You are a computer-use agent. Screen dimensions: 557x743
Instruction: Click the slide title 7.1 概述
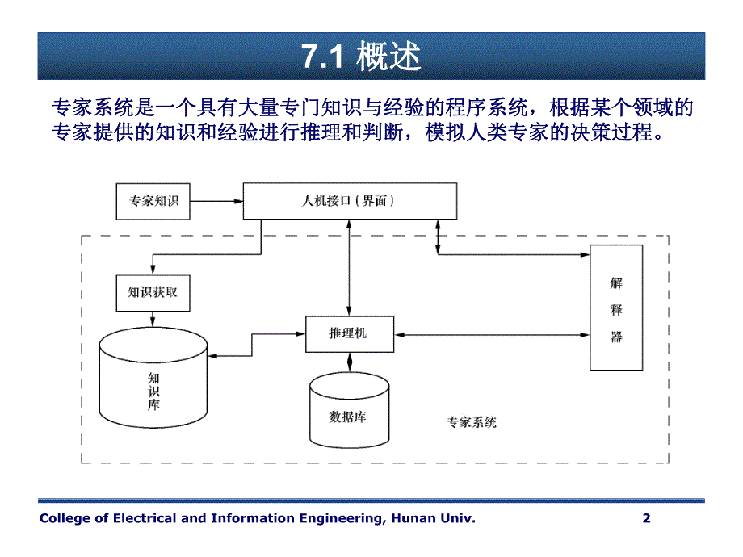coord(361,57)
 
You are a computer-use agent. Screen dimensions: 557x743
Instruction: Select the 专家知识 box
coord(153,200)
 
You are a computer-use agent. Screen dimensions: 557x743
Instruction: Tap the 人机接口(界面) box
coord(350,200)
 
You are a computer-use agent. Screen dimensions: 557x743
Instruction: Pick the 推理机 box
coord(350,333)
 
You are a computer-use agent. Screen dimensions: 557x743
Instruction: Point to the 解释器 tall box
coord(616,308)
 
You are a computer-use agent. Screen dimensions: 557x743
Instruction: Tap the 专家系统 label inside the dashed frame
coord(471,421)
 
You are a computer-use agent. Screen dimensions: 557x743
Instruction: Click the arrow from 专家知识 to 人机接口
coord(216,200)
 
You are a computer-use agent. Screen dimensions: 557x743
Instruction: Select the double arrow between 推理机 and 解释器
coord(493,333)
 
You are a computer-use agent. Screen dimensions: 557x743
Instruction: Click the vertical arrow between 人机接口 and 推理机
coord(350,266)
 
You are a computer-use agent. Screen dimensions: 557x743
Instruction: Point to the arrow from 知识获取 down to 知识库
coord(153,320)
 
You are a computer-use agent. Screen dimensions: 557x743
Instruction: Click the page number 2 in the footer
coord(646,518)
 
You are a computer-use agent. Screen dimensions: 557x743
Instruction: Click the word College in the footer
coord(64,518)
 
